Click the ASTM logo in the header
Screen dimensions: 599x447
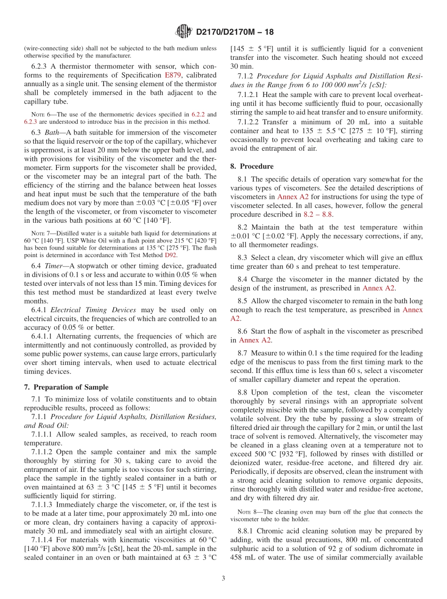(x=184, y=32)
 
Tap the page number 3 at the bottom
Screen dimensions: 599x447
(x=223, y=578)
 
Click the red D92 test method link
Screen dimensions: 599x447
(x=170, y=255)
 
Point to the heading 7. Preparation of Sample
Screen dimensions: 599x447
(x=66, y=387)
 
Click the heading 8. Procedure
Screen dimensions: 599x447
(x=252, y=166)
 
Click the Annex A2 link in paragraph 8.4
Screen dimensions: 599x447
(x=379, y=288)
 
